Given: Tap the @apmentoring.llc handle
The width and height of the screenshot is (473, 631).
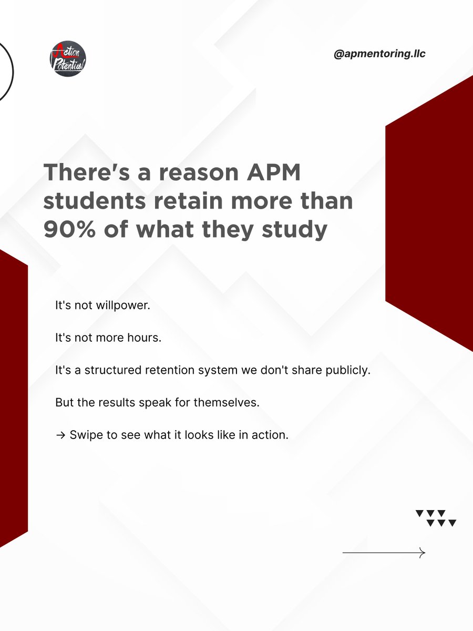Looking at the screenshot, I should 379,54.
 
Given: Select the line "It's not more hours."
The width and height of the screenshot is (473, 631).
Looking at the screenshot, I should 108,338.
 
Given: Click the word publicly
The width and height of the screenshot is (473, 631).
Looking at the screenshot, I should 349,370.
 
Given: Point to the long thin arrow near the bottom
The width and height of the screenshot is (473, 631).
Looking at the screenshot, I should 384,553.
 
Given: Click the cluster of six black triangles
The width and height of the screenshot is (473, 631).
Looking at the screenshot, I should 436,518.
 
